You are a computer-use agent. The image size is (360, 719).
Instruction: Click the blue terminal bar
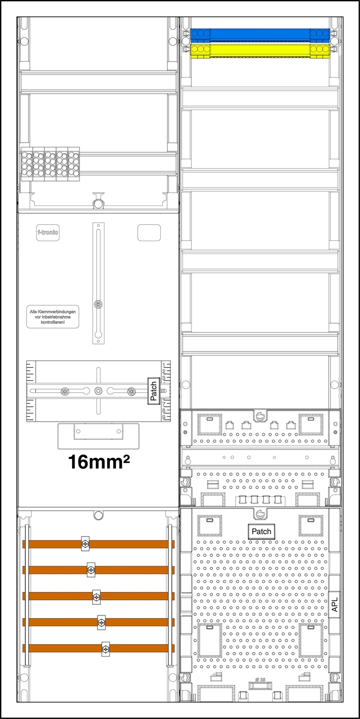point(259,34)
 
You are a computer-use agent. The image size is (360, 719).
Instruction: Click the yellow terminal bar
point(259,50)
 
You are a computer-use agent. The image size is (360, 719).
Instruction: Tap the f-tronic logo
point(48,232)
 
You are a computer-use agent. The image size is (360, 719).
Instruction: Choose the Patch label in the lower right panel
point(262,531)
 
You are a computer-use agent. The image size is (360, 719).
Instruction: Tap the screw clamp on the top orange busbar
point(85,544)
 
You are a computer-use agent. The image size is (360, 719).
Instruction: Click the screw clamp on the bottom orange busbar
point(106,648)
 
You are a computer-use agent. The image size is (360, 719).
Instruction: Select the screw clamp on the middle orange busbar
point(96,596)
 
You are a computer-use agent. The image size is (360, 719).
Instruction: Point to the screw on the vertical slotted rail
point(98,304)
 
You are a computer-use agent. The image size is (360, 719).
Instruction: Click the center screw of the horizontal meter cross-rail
point(98,391)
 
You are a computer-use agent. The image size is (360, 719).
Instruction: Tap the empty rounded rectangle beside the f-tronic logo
point(149,232)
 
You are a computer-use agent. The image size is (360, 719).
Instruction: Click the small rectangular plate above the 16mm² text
point(98,431)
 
